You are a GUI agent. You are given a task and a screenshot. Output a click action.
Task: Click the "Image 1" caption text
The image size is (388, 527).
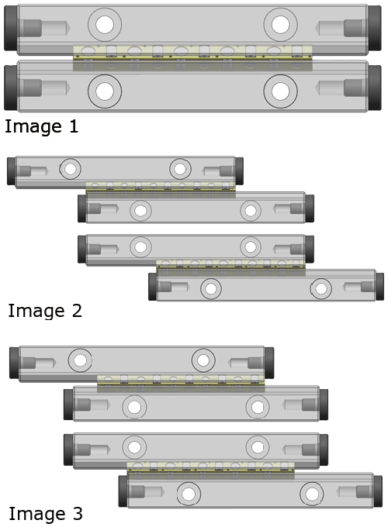[41, 126]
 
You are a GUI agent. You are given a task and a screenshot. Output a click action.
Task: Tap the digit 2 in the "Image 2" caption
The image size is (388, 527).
[77, 311]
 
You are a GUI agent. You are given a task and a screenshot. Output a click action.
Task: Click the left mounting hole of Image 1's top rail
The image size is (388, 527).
[105, 25]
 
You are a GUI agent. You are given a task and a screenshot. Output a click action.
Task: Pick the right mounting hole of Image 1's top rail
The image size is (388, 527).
[280, 25]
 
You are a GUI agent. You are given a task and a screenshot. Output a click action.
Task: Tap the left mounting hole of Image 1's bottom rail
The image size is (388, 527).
[105, 91]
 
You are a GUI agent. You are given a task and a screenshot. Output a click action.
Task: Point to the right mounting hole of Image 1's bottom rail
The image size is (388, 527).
[280, 91]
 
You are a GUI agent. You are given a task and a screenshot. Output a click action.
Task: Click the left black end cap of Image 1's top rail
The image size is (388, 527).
[11, 28]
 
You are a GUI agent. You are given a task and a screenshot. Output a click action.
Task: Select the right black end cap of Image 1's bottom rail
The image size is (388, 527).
[375, 88]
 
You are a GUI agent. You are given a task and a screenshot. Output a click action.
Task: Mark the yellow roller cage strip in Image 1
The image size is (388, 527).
[192, 53]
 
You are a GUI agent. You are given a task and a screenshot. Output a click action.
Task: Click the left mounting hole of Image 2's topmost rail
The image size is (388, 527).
[71, 169]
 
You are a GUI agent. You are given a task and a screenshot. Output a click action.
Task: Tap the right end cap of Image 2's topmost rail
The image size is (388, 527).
[239, 171]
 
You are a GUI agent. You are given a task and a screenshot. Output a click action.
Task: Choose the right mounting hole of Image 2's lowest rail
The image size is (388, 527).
[320, 289]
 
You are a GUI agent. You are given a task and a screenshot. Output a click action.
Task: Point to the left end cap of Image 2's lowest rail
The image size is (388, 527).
[153, 286]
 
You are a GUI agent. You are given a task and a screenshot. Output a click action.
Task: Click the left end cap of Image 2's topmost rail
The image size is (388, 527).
[12, 171]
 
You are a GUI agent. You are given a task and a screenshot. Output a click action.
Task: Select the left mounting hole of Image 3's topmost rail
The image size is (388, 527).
[80, 360]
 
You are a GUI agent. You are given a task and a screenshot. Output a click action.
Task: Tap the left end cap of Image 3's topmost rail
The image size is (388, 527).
[15, 363]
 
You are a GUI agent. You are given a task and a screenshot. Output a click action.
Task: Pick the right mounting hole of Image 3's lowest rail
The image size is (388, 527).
[312, 494]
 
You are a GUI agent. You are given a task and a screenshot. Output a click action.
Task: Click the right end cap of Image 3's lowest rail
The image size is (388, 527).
[378, 491]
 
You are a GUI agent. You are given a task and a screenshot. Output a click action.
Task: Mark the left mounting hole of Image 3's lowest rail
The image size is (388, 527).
[189, 494]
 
